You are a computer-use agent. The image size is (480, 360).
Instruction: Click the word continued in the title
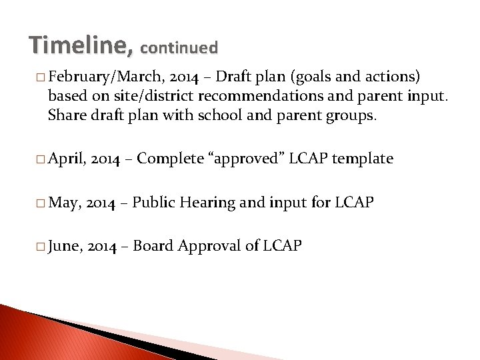coord(179,47)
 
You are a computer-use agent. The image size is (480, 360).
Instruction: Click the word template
coord(363,158)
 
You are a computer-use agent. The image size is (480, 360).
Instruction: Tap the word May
coord(64,203)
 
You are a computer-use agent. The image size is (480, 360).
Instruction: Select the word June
coord(65,246)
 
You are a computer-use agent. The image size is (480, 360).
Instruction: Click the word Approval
coord(211,246)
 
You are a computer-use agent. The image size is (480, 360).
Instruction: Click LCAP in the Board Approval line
coord(282,246)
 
